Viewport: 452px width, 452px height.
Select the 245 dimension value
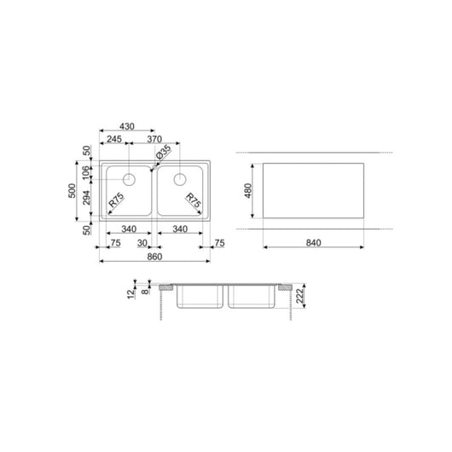(x=113, y=138)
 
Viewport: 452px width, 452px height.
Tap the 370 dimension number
(x=154, y=138)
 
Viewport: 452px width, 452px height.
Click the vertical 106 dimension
(x=85, y=174)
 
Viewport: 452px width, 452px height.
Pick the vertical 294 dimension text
(x=85, y=199)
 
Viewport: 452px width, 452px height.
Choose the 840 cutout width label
(x=312, y=244)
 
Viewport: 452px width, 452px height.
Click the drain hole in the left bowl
(x=130, y=179)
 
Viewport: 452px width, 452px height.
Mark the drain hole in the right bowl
(x=180, y=179)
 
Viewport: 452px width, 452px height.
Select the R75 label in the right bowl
(x=194, y=204)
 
